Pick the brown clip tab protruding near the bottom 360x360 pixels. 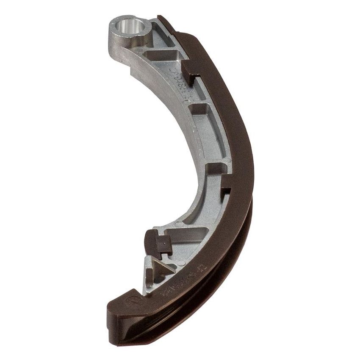(x=158, y=244)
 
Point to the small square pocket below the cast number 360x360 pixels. (x=199, y=108)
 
